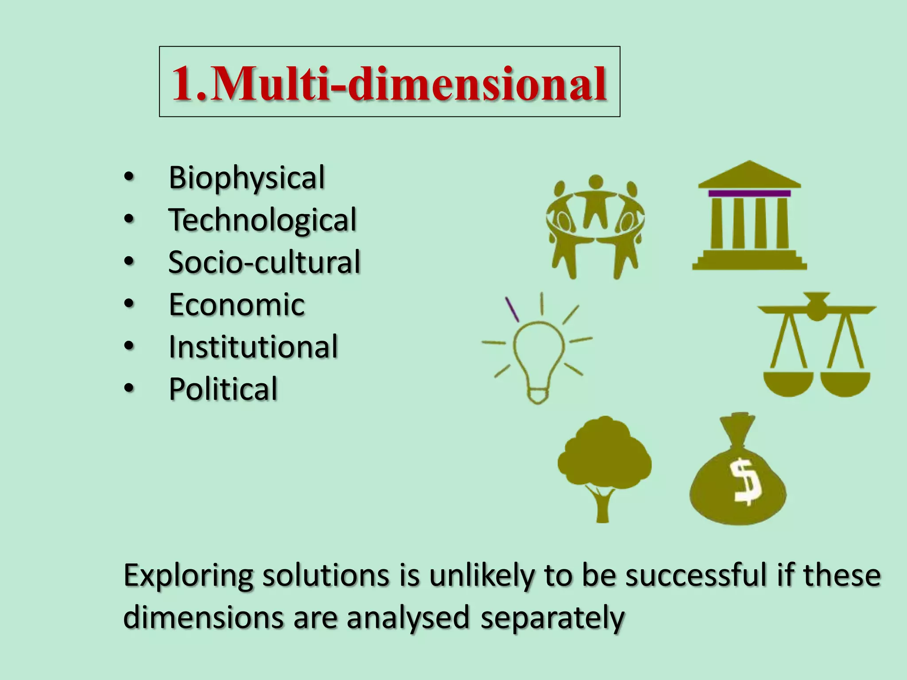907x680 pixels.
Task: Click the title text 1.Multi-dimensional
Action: coord(389,83)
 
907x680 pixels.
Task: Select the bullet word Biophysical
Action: coord(247,178)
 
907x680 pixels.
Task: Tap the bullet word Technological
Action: coord(262,220)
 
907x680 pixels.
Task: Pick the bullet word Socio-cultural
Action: coord(264,262)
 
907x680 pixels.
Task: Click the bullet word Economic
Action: coord(236,305)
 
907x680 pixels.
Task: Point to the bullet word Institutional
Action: coord(253,347)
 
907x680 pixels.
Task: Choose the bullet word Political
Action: coord(223,389)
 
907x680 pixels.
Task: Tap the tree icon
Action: coord(604,465)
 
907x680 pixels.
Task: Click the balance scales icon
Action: coord(817,345)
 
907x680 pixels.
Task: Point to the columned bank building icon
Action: coord(749,217)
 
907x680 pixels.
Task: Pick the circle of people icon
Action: coord(595,226)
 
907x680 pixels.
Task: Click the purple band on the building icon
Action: coord(749,193)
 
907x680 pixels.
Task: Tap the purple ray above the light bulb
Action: coord(512,309)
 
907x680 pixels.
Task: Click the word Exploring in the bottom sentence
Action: coord(188,576)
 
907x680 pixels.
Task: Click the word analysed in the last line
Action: coord(408,618)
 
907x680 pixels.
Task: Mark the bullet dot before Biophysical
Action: coord(128,177)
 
